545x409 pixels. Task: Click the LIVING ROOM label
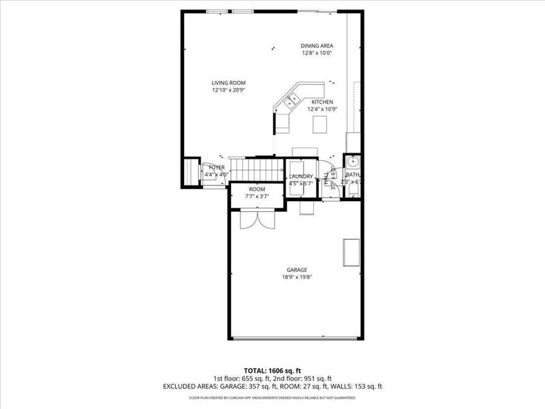(x=228, y=82)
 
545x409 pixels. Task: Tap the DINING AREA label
(x=317, y=46)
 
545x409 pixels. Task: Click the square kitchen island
(x=320, y=124)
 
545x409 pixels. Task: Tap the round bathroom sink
(x=353, y=162)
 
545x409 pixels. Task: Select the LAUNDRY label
(x=300, y=176)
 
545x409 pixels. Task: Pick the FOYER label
(x=217, y=167)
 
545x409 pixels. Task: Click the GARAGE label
(x=296, y=270)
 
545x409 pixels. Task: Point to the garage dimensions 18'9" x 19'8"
(x=296, y=277)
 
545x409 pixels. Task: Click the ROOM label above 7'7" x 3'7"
(x=257, y=189)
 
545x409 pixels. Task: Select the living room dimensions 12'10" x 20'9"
(x=228, y=90)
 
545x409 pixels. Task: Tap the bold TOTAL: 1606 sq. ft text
(x=272, y=371)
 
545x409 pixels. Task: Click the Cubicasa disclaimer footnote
(x=272, y=396)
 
